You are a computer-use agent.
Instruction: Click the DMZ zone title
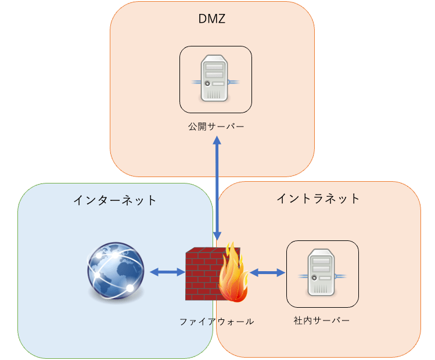211,19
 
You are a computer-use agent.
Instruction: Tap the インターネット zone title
115,200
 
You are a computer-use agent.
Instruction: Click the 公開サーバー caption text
215,126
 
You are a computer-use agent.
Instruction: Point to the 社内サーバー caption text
322,321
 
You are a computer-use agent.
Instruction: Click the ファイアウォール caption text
216,321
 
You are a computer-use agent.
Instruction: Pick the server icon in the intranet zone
322,273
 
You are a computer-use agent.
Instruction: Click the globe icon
116,272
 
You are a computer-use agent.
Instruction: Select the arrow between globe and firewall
167,272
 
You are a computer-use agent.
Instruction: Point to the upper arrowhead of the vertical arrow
217,141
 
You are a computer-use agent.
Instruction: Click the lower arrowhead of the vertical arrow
217,236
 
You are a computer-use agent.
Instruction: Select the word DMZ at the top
211,19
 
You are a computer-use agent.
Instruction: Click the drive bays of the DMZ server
214,71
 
